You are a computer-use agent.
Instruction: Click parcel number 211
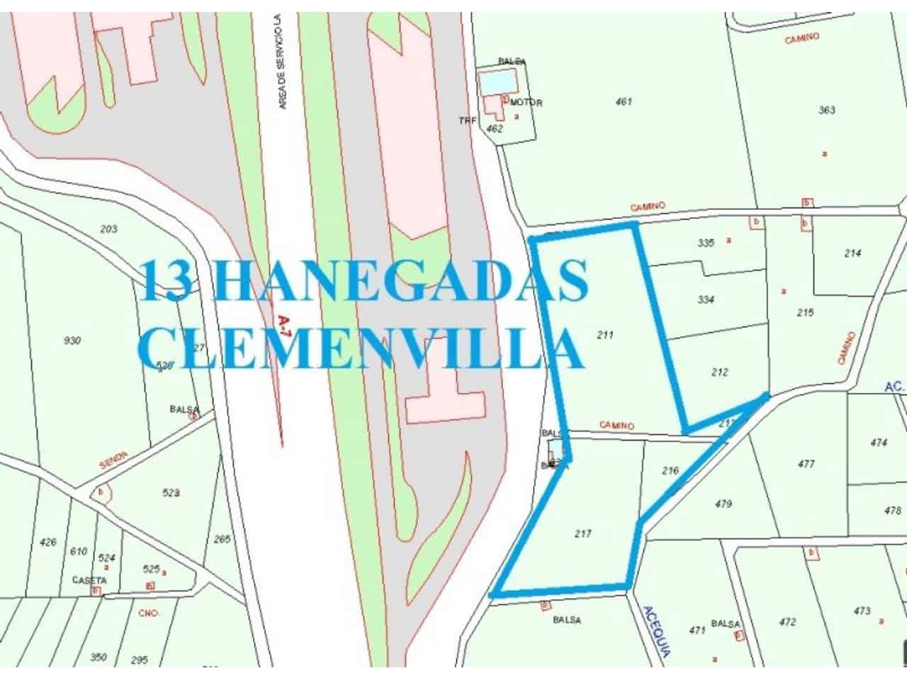[x=604, y=335]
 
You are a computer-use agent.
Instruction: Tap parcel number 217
[x=582, y=534]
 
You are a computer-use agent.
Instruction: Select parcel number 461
[x=624, y=102]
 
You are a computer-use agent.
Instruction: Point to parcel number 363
[x=827, y=110]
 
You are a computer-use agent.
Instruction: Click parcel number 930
[x=72, y=341]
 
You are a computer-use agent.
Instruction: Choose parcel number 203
[x=109, y=229]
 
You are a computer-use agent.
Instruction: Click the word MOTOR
[x=526, y=103]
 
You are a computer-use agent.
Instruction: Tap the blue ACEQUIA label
[x=655, y=632]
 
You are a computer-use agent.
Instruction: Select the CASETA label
[x=89, y=580]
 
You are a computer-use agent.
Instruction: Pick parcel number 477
[x=806, y=465]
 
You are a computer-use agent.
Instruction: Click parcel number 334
[x=706, y=300]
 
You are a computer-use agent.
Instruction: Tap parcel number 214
[x=853, y=253]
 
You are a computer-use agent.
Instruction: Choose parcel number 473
[x=862, y=611]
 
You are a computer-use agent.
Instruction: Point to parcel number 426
[x=48, y=543]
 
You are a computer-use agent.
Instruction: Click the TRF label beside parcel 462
[x=468, y=120]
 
